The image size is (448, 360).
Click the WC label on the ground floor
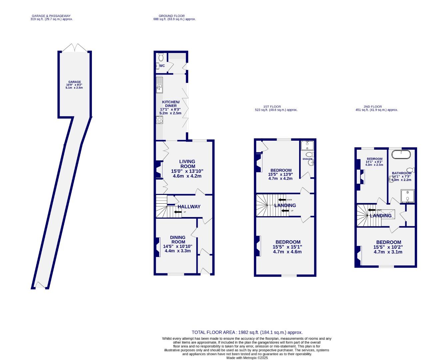[162, 66]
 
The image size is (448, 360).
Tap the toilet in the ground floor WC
[161, 57]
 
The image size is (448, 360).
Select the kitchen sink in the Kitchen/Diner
[160, 85]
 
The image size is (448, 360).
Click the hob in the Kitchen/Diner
[159, 120]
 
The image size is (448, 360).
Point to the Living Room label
[188, 164]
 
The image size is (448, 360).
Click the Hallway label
[189, 207]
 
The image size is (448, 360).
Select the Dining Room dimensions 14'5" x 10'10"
[178, 246]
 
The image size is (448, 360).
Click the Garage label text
[75, 82]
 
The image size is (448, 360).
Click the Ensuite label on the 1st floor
[307, 159]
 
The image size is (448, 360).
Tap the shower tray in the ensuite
[305, 146]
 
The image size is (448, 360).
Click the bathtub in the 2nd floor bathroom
[401, 154]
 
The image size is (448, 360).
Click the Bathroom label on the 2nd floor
[401, 173]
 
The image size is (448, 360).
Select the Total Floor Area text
[247, 332]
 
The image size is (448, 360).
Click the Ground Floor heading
[172, 16]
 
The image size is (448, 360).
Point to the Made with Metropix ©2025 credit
[247, 358]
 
